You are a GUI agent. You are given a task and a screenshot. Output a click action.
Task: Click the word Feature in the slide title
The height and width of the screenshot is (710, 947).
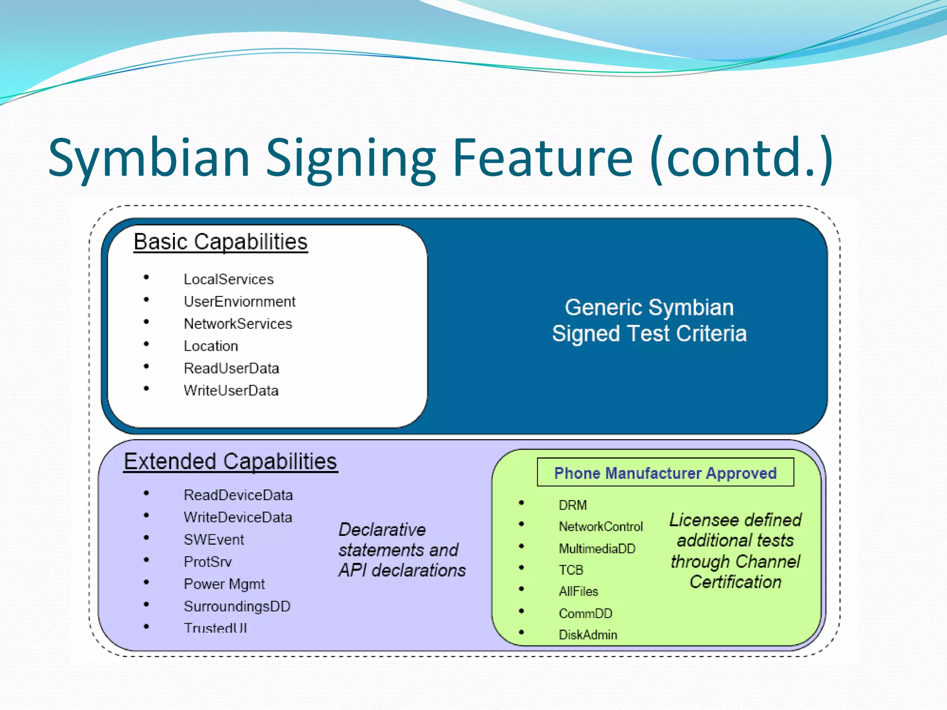tap(542, 158)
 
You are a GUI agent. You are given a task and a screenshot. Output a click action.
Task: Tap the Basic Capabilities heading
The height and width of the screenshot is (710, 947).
tap(221, 242)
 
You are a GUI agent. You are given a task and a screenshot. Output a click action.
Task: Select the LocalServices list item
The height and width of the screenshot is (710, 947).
tap(228, 279)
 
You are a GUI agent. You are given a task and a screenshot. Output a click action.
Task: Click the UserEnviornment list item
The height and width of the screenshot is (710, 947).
tap(239, 301)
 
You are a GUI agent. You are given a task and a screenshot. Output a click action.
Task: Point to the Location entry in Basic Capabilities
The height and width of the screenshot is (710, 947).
tap(211, 346)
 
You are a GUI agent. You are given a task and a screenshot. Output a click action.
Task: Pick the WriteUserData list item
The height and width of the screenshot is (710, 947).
tap(231, 391)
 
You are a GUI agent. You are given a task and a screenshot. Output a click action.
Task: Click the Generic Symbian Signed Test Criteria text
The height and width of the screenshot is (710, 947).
tap(649, 320)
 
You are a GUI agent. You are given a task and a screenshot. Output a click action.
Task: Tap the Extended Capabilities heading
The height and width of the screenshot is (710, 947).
tap(230, 462)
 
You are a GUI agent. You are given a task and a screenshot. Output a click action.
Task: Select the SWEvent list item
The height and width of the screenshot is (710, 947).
tap(214, 539)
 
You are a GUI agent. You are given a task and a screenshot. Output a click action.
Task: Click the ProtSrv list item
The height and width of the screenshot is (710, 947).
tap(208, 562)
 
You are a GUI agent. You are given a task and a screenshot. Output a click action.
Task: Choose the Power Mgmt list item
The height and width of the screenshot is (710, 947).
tap(224, 584)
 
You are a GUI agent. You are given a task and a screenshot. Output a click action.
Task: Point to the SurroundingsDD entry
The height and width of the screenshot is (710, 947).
tap(237, 606)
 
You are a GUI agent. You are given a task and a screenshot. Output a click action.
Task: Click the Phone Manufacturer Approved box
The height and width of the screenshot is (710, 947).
tap(665, 473)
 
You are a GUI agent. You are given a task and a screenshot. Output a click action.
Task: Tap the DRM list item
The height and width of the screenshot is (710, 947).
tap(572, 505)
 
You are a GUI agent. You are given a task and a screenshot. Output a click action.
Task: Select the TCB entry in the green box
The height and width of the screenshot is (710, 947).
tap(571, 570)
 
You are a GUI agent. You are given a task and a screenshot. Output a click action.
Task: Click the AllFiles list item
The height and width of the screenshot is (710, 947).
tap(578, 591)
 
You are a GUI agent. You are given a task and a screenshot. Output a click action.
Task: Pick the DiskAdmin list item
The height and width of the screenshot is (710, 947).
tap(588, 635)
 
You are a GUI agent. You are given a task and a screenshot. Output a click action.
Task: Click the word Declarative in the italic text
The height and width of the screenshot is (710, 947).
tap(382, 529)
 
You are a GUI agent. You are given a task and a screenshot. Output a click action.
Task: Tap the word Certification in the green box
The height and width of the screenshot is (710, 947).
tap(735, 582)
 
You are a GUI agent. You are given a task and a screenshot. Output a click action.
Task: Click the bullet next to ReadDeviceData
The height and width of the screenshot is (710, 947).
tap(147, 493)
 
